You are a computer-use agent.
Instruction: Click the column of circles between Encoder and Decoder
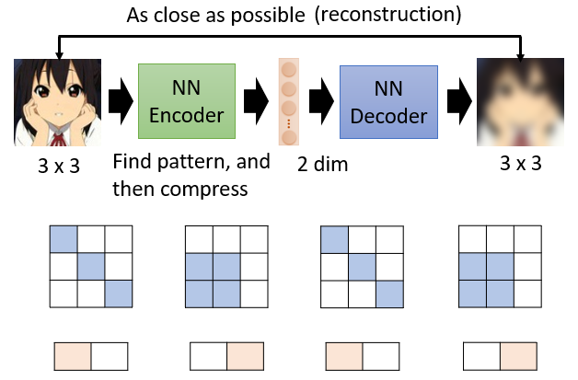click(x=289, y=101)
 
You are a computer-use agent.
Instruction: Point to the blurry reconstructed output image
click(x=518, y=101)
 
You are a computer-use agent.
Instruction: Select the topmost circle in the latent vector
click(x=289, y=70)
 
